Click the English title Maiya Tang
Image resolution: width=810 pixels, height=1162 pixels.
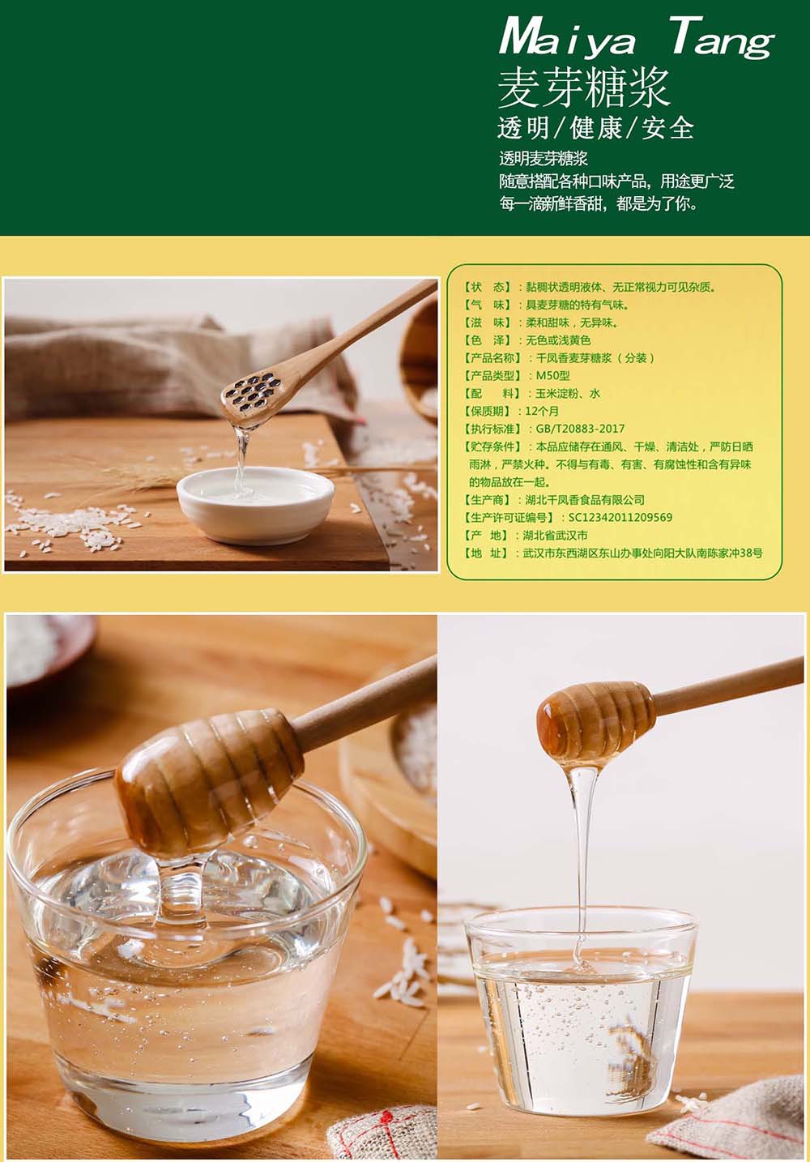pos(637,39)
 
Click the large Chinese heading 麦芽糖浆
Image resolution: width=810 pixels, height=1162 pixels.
pos(583,88)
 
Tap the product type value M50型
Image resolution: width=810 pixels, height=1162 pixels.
pos(552,375)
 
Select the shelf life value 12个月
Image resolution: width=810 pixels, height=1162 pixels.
pos(542,411)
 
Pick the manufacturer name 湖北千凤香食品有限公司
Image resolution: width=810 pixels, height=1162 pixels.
pos(585,499)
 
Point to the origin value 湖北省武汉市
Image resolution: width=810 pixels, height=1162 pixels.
pos(555,535)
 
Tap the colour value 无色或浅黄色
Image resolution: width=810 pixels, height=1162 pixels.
pos(558,340)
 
